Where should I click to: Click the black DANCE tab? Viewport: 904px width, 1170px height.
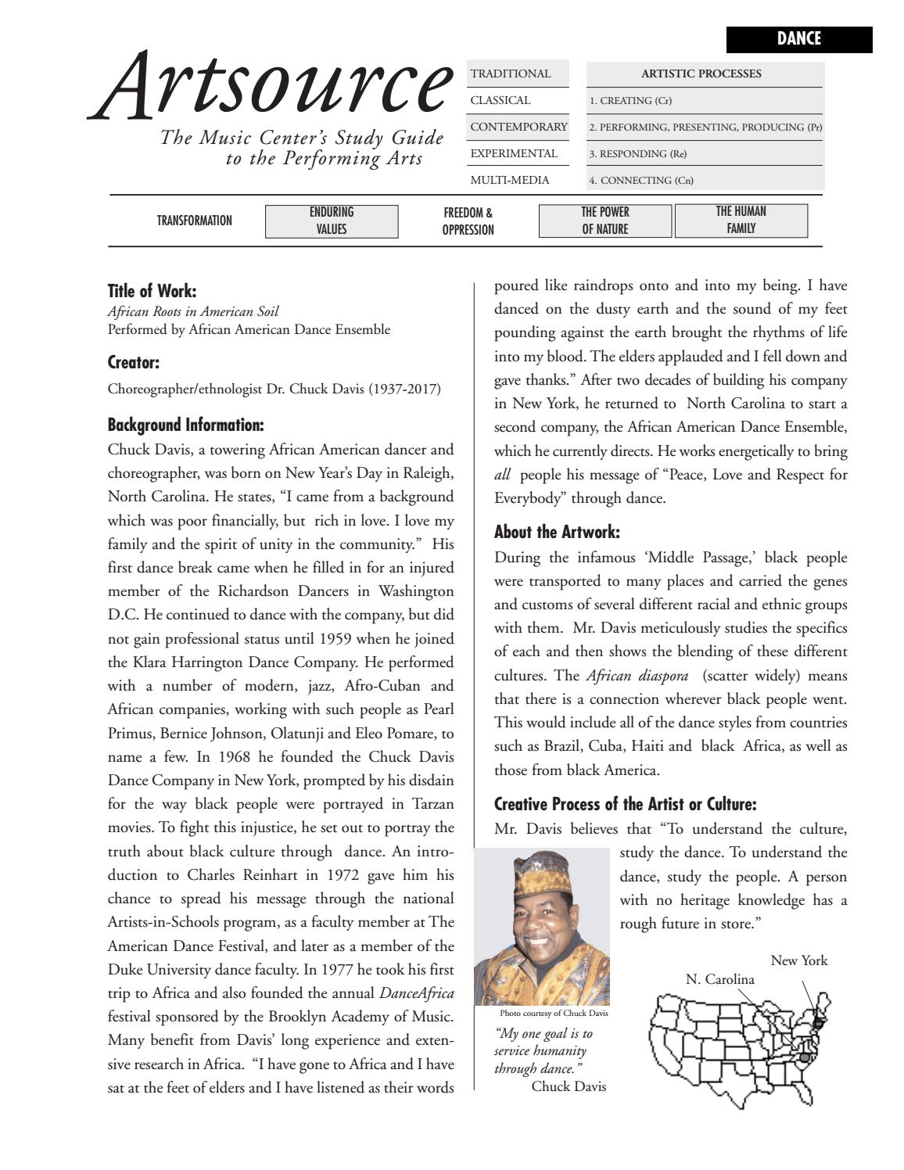pos(798,39)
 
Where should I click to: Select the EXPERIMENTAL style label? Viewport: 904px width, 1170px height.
pos(514,153)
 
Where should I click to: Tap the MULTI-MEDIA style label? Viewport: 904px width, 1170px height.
pos(510,180)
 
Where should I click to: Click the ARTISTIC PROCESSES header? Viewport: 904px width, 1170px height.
pos(701,74)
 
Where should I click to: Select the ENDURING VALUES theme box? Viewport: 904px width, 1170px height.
pos(332,221)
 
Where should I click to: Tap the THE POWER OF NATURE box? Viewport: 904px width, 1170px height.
pos(604,221)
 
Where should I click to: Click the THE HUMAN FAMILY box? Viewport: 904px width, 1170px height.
pos(741,220)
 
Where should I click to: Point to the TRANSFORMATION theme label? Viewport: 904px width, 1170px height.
pos(194,221)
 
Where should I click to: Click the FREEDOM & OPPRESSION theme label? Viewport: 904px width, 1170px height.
pos(468,221)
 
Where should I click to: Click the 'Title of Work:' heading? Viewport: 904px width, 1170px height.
pos(152,291)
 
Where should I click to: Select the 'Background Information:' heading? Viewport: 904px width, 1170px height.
pos(185,425)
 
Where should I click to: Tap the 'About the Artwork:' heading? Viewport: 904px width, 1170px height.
pos(557,532)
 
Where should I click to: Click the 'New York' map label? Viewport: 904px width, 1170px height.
pos(798,960)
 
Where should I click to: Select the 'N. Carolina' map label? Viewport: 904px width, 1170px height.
pos(719,979)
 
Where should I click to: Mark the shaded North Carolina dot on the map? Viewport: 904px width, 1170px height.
pos(803,1057)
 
